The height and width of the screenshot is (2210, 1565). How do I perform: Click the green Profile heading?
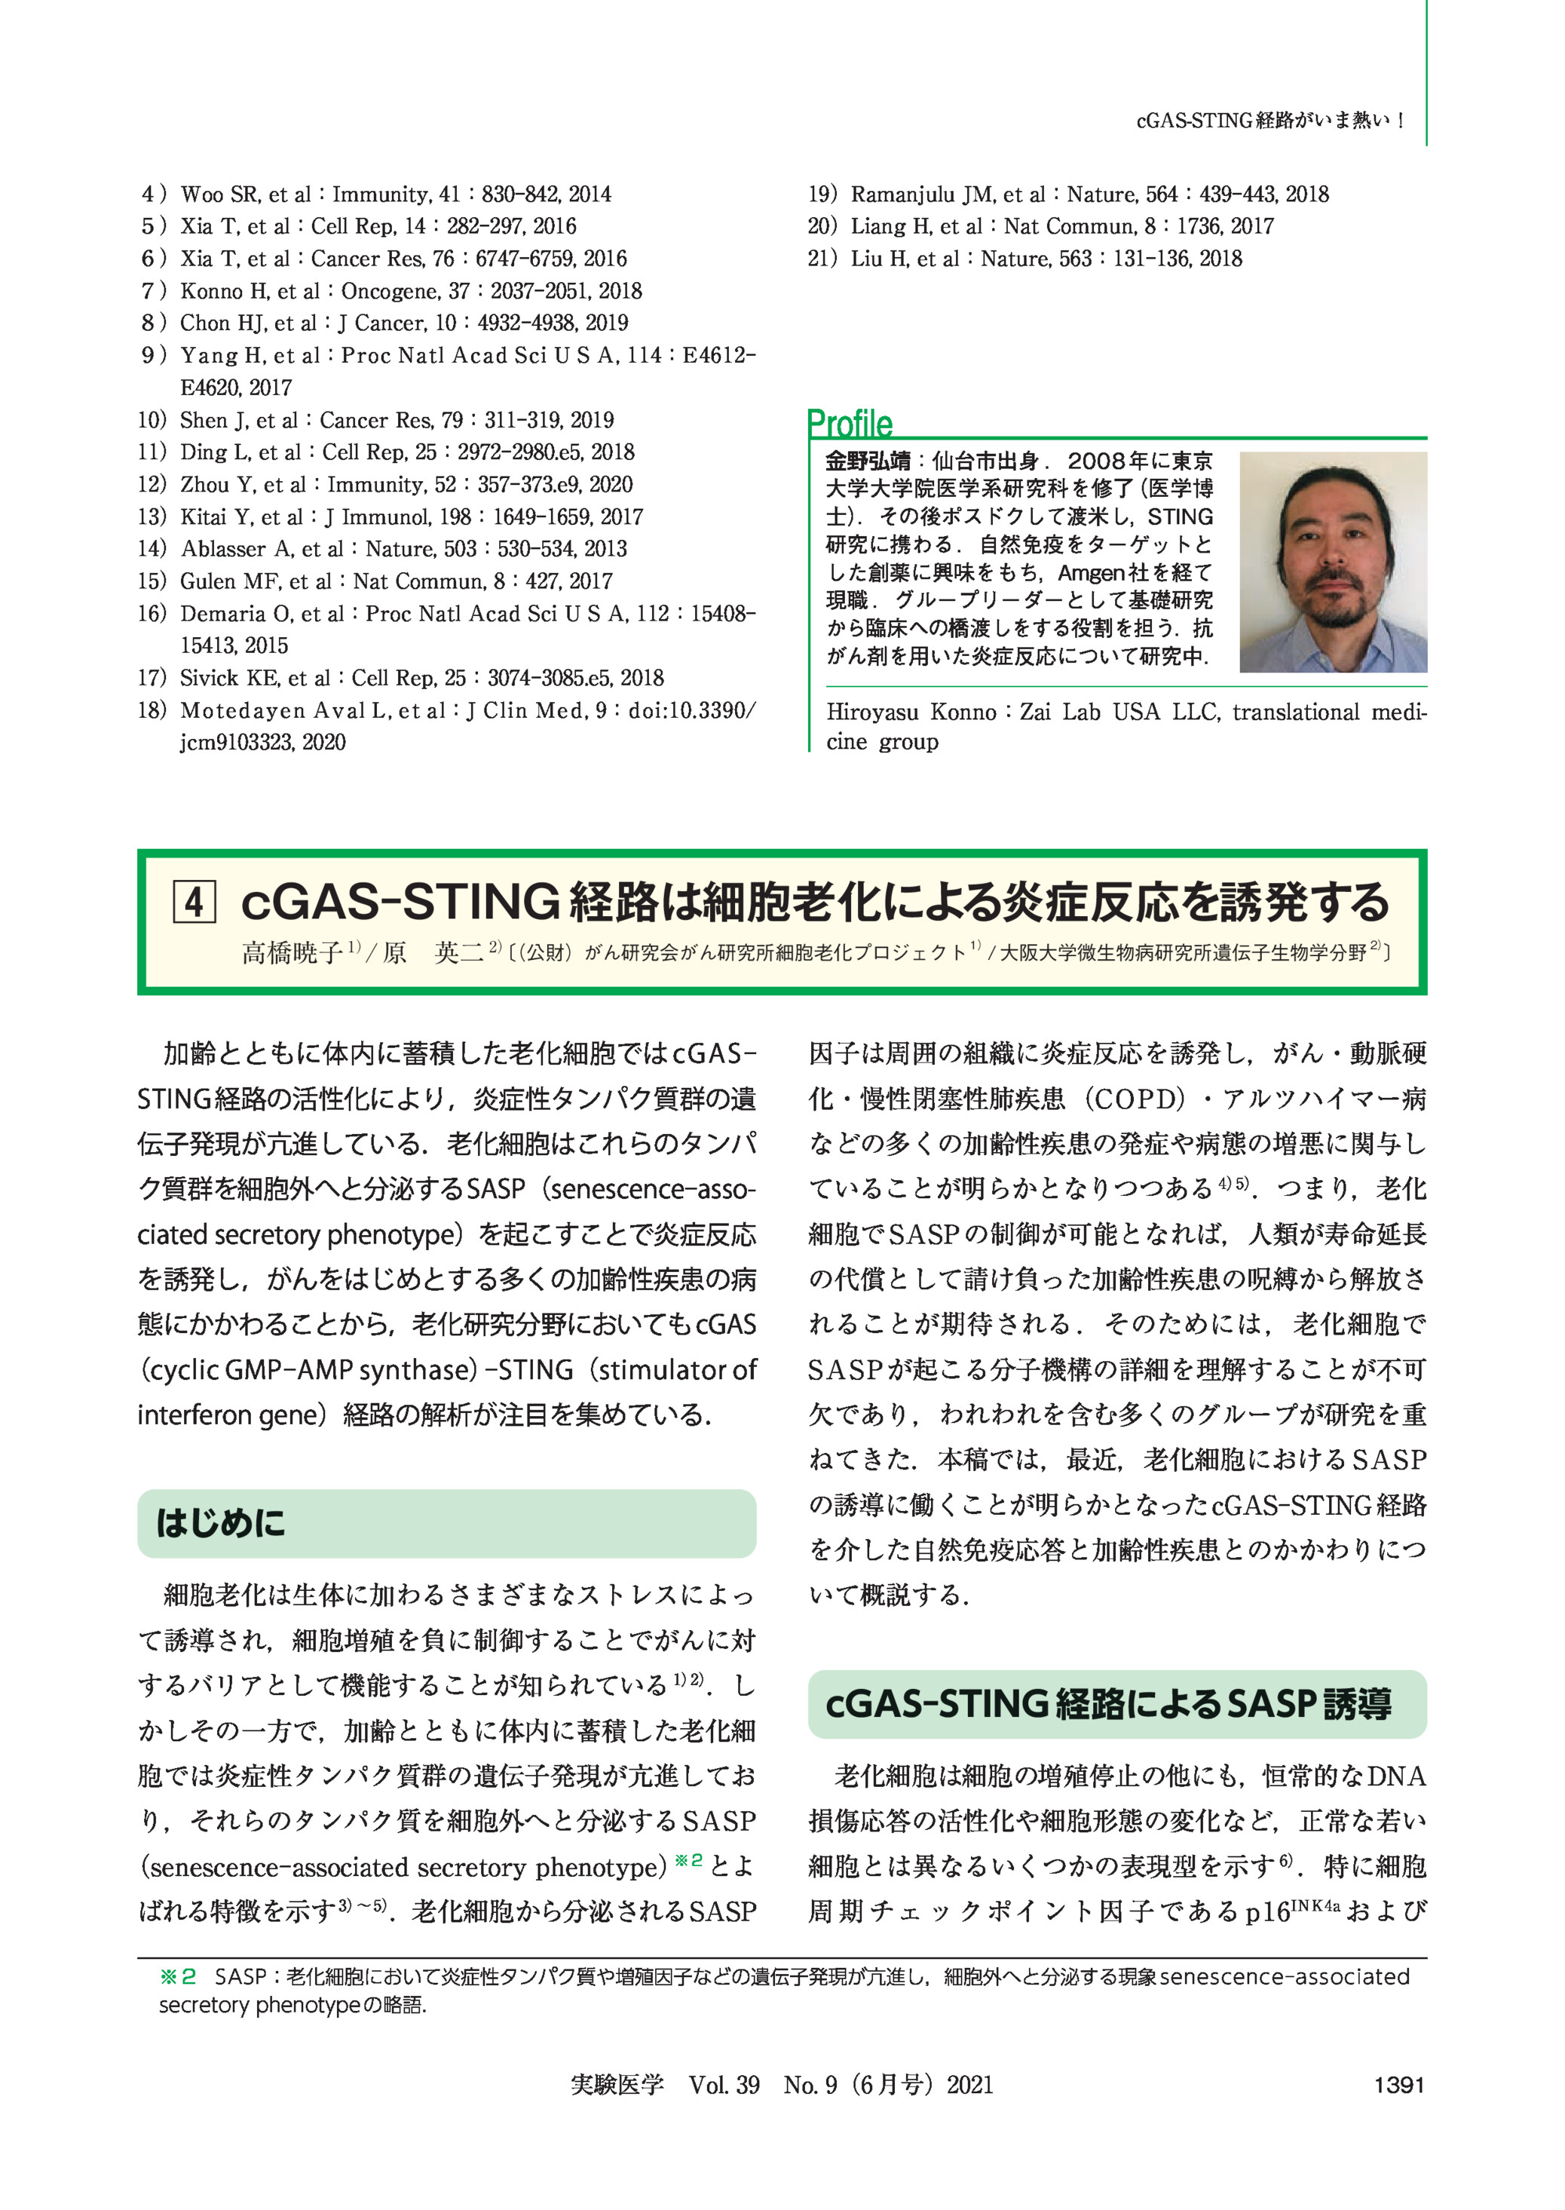coord(849,423)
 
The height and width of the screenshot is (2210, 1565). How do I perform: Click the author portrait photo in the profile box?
coord(1332,562)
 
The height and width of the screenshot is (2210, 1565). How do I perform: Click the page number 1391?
coord(1398,2085)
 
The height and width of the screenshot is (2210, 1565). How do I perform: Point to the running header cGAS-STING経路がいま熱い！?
coord(1270,121)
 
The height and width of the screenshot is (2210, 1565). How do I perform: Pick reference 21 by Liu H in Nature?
coord(1024,259)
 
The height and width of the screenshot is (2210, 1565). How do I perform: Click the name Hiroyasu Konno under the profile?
coord(911,713)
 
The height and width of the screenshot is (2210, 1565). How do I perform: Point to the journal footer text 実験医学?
coord(617,2085)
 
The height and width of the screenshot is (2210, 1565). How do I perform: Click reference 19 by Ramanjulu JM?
coord(1067,194)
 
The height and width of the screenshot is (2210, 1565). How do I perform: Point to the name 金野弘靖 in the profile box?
coord(867,461)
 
